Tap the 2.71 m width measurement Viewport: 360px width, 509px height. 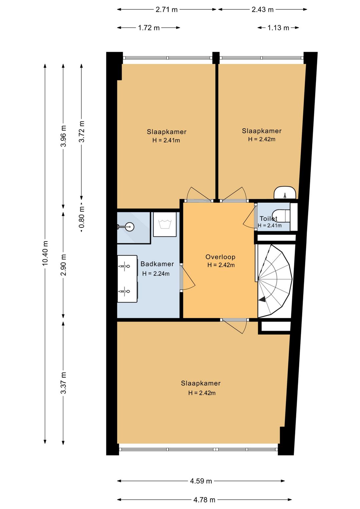point(166,10)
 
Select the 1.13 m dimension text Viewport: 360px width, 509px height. point(278,28)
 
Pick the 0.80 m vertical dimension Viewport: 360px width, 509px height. point(82,217)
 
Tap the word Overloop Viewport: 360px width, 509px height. point(220,257)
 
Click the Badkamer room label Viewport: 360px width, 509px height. point(157,264)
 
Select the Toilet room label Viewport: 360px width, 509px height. point(268,218)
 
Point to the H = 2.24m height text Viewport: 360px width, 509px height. point(156,274)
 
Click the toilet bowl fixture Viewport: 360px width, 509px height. point(281,216)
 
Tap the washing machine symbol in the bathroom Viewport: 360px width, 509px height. point(165,224)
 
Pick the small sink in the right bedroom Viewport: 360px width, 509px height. point(285,192)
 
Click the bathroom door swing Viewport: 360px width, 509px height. point(188,277)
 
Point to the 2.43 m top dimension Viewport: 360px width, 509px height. point(263,10)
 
